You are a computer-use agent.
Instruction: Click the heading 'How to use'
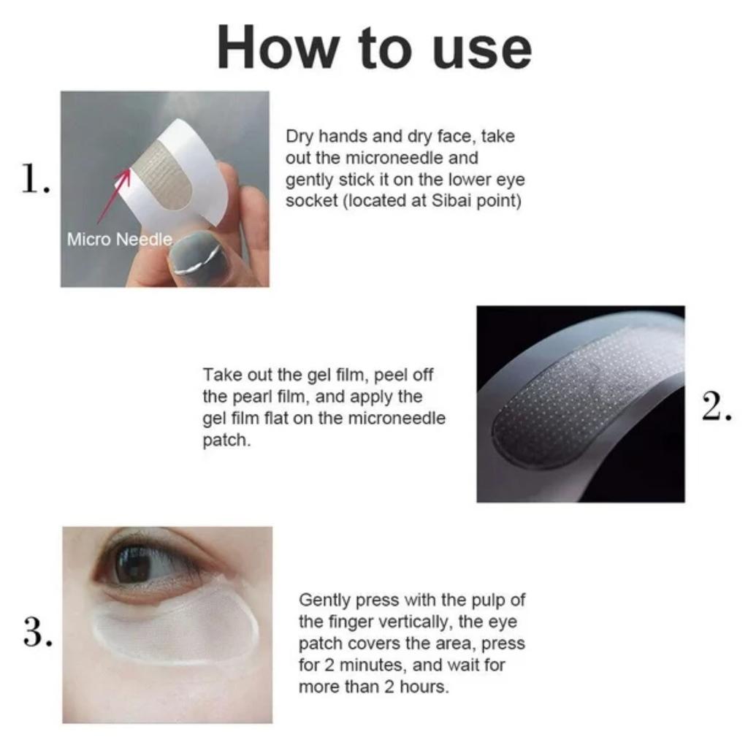coord(374,48)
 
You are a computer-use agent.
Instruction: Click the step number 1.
coord(35,178)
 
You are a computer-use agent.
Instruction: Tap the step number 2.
coord(716,406)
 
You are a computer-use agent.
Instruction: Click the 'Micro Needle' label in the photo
coord(119,239)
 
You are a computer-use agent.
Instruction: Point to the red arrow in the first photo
coord(113,196)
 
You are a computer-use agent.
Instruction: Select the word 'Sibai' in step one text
coord(451,200)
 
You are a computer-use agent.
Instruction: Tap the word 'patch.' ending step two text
coord(226,440)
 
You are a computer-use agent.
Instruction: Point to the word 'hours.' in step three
coord(424,687)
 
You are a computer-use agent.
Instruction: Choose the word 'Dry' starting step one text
coord(299,137)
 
